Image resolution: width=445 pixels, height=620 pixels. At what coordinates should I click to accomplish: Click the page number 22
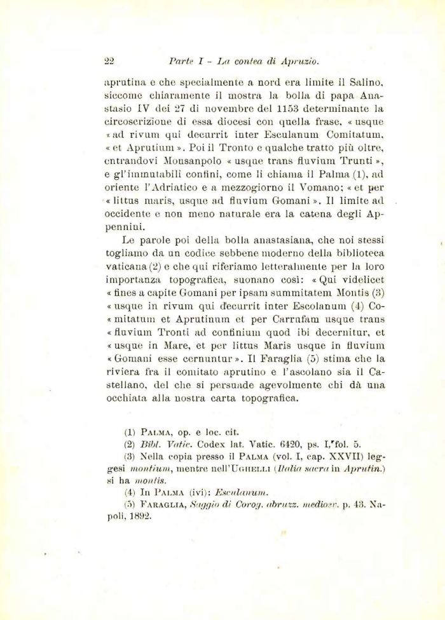pyautogui.click(x=108, y=62)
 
